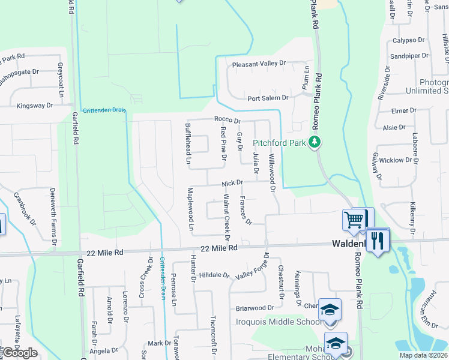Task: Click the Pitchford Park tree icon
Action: pyautogui.click(x=313, y=142)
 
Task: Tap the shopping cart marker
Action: pyautogui.click(x=354, y=220)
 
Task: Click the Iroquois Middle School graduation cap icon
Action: pyautogui.click(x=330, y=310)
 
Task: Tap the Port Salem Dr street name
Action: pyautogui.click(x=268, y=98)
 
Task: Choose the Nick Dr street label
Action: pyautogui.click(x=232, y=182)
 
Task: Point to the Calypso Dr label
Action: pyautogui.click(x=409, y=40)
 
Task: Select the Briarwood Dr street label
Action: pyautogui.click(x=255, y=308)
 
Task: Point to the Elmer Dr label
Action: pyautogui.click(x=403, y=110)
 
